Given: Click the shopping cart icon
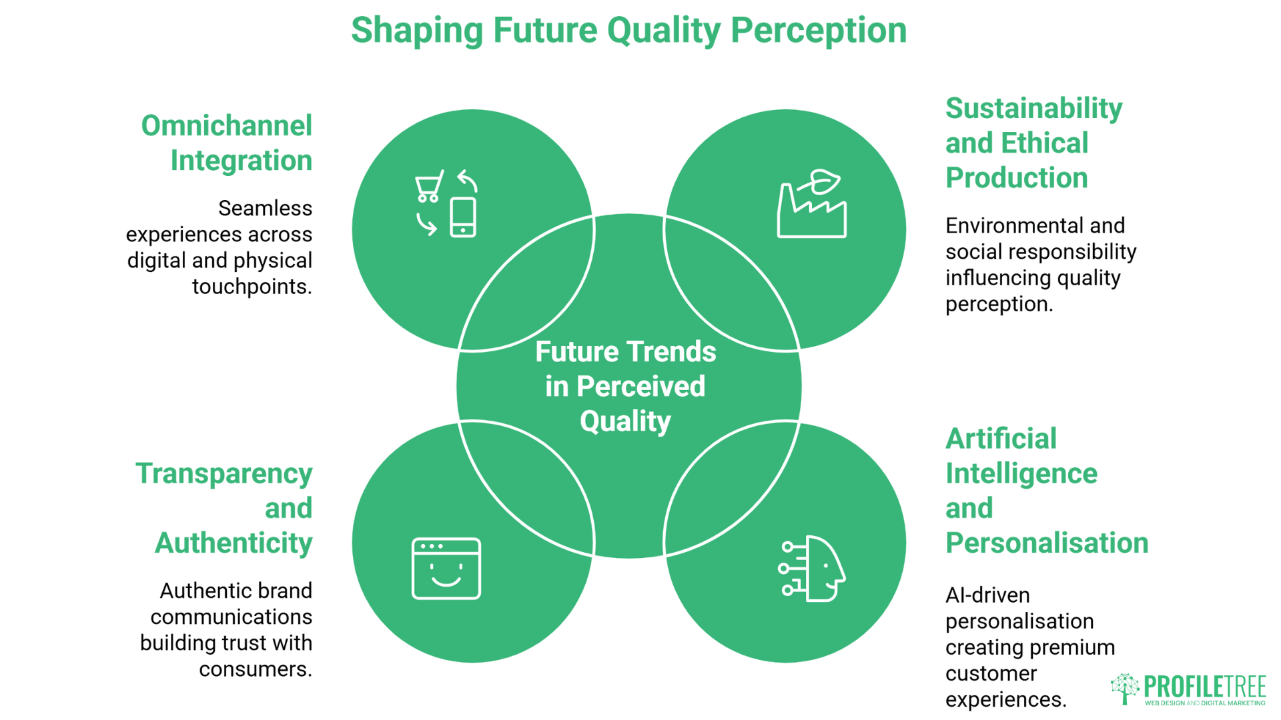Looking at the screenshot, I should [x=428, y=187].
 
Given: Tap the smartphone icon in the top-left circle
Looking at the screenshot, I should [x=463, y=217].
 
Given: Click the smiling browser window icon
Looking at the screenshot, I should [x=446, y=568].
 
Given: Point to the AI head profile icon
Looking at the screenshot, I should [x=814, y=569].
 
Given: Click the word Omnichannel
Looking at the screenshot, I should [x=226, y=126].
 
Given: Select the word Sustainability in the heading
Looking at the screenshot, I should [x=1033, y=109].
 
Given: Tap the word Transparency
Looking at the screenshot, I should [x=224, y=474].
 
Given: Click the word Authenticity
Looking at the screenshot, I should [x=234, y=543].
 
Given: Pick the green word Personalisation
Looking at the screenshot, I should [x=1046, y=543].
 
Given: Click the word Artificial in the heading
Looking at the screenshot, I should [x=1001, y=439].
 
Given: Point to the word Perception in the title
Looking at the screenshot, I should [x=819, y=31].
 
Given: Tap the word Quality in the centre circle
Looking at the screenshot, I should [x=625, y=421].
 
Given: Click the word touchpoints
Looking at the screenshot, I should [x=251, y=287].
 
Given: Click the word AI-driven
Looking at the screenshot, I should [x=987, y=595].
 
